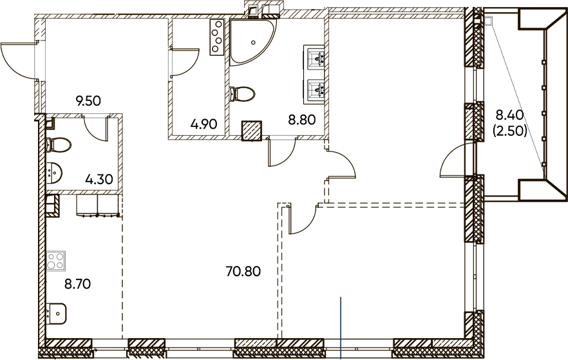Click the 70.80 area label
(243, 271)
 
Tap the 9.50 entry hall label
(88, 100)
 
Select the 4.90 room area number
(204, 124)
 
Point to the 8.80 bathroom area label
(302, 119)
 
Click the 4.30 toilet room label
(99, 179)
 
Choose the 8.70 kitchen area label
(77, 284)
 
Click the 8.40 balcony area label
(509, 115)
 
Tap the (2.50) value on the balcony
(509, 131)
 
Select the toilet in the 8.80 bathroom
(242, 95)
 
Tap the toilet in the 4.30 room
(59, 145)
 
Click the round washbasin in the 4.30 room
(54, 173)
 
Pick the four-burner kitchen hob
(56, 260)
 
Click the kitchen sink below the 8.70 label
(57, 314)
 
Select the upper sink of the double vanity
(314, 57)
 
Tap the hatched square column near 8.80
(252, 131)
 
